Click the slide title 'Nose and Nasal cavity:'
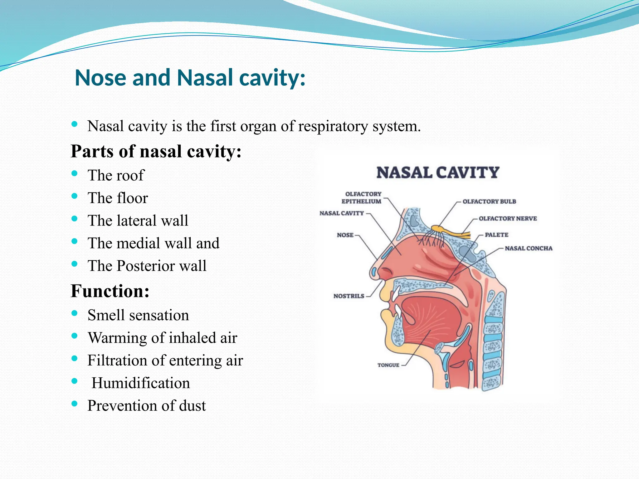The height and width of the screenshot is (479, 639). click(190, 78)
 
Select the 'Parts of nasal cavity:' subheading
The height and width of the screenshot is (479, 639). click(156, 152)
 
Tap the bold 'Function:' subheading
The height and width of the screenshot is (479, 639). click(110, 291)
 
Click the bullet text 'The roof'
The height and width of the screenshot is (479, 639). click(116, 175)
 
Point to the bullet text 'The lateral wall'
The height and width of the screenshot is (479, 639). click(138, 220)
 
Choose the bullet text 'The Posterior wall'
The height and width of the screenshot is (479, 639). click(147, 266)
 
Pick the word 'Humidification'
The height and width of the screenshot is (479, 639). click(140, 383)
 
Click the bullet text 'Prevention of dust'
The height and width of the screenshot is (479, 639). click(147, 406)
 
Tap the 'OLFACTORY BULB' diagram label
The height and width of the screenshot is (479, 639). click(489, 201)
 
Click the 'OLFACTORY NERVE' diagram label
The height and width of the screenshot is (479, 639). click(508, 219)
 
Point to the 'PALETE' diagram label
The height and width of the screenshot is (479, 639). click(496, 235)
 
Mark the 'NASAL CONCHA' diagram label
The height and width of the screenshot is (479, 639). click(529, 249)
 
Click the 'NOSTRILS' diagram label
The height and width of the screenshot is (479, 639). click(349, 296)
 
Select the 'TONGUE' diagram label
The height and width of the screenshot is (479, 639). click(388, 365)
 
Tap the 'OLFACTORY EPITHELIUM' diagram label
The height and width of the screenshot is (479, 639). click(362, 198)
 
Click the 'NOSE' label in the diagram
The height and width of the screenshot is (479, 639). click(345, 235)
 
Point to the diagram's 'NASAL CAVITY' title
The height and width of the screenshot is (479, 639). click(438, 173)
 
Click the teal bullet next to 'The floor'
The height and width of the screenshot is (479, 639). click(74, 196)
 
